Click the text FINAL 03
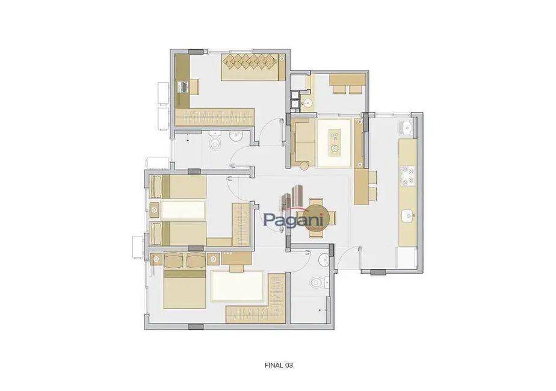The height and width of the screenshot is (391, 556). click(279, 365)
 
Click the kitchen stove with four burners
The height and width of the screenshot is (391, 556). click(409, 174)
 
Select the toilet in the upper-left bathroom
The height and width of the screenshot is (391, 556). click(215, 143)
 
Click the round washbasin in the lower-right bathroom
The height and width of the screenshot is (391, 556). click(323, 259)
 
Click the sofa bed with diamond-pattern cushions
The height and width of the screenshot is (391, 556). click(252, 66)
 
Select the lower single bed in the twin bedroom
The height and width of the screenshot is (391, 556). click(178, 233)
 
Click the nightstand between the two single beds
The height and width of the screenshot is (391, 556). click(155, 210)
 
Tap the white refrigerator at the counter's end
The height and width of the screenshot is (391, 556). click(407, 256)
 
